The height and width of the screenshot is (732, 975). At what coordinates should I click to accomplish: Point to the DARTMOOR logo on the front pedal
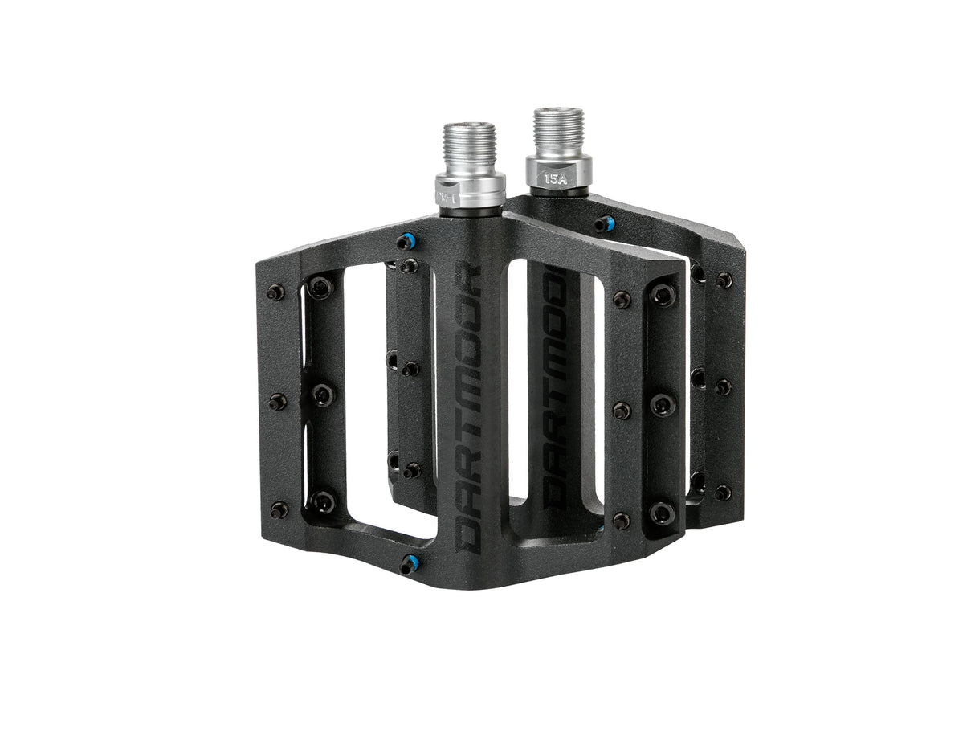(469, 409)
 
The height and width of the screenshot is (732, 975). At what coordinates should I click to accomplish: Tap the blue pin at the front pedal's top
(406, 241)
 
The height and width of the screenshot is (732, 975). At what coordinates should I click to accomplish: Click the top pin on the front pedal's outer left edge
(275, 292)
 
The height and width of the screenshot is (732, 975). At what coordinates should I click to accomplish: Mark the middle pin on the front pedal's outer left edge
(278, 401)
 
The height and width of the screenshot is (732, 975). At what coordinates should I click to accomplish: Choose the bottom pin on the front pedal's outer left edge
(279, 509)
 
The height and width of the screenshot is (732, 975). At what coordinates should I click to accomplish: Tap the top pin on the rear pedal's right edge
(724, 280)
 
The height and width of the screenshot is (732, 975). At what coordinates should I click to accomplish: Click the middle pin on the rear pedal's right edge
(724, 386)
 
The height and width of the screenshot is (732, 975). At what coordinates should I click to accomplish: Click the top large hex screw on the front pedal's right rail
(662, 295)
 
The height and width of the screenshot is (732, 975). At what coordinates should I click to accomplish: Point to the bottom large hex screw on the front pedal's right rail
(662, 513)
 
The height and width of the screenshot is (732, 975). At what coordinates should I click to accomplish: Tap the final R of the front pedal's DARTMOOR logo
(470, 278)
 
